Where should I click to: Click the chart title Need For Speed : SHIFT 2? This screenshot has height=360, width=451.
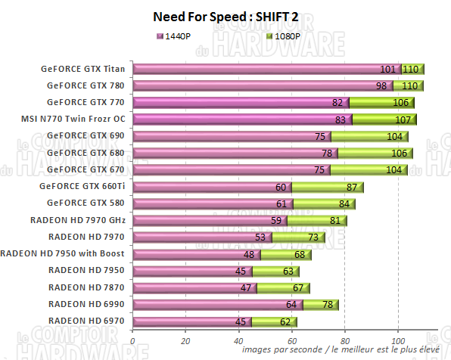point(225,16)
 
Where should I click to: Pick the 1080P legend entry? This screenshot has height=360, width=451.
point(285,35)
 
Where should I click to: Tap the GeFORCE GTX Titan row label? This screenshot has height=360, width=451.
point(84,68)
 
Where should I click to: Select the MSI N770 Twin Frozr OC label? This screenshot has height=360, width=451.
point(74,119)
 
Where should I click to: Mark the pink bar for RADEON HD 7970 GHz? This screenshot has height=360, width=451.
point(204,221)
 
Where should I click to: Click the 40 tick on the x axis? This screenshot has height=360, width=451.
point(239,341)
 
